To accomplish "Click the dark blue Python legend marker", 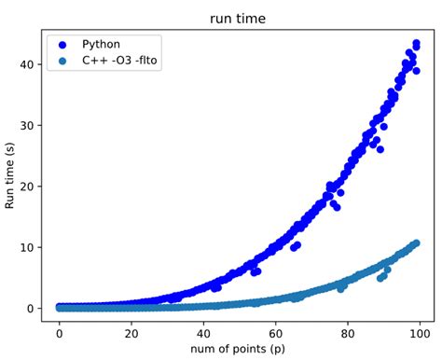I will coord(63,45).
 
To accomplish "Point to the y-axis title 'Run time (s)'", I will coord(12,174).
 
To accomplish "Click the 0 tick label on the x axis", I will coord(61,330).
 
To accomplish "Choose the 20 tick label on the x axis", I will coord(132,330).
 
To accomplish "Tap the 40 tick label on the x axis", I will coord(204,330).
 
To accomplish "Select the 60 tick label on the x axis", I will coord(276,330).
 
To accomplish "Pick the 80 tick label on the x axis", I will coord(348,330).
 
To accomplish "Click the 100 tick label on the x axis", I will coord(420,330).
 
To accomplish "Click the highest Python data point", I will coord(416,43).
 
